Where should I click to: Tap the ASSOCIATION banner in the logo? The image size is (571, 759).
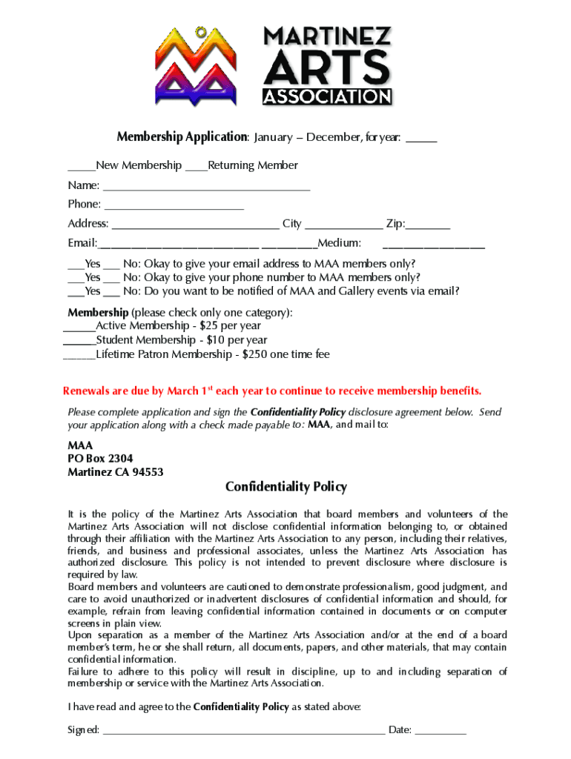(327, 96)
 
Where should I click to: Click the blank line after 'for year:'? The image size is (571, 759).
(421, 139)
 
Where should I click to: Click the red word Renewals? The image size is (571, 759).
(87, 391)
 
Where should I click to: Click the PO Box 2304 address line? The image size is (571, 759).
(100, 459)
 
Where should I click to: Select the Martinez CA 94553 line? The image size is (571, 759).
(115, 472)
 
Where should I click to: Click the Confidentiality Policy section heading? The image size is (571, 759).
(285, 487)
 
